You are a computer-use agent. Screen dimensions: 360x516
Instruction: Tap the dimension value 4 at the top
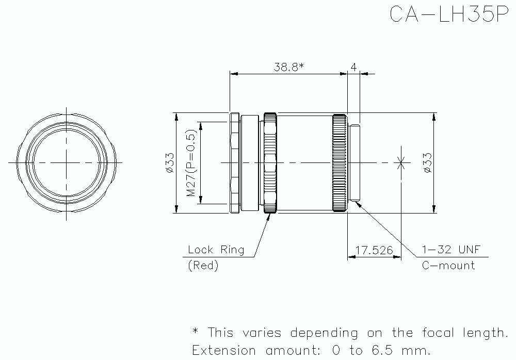coord(353,67)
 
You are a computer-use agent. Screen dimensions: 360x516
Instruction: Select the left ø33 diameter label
coord(170,162)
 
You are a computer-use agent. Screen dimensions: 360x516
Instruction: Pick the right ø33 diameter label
coord(428,162)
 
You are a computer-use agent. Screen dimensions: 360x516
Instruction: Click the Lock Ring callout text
coord(216,250)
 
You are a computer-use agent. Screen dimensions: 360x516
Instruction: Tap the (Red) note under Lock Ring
coord(203,266)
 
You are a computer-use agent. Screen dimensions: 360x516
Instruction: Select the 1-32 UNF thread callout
coord(451,250)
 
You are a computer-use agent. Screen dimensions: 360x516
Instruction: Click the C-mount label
coord(448,266)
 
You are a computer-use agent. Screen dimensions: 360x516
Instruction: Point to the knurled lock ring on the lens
coord(270,162)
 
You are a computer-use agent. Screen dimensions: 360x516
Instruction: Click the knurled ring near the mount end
coord(340,162)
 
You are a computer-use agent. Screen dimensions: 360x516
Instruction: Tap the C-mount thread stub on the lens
coord(355,162)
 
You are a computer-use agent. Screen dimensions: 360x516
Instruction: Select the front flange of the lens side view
coord(234,162)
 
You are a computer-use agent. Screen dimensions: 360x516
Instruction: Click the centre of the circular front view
coord(66,162)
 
